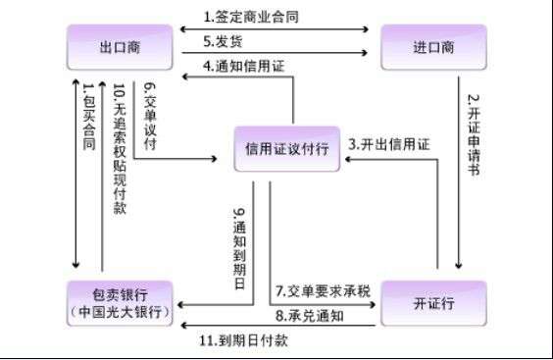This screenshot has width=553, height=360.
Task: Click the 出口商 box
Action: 119,47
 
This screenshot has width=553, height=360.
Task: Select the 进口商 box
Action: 431,47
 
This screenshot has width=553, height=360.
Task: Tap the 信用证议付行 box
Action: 286,148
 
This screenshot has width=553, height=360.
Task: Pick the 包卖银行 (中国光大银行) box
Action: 120,302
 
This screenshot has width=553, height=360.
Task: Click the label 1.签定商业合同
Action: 252,17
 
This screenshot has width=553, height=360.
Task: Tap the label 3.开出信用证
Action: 390,144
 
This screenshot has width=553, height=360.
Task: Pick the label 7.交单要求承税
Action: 323,291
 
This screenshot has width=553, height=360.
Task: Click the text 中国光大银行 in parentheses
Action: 120,313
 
